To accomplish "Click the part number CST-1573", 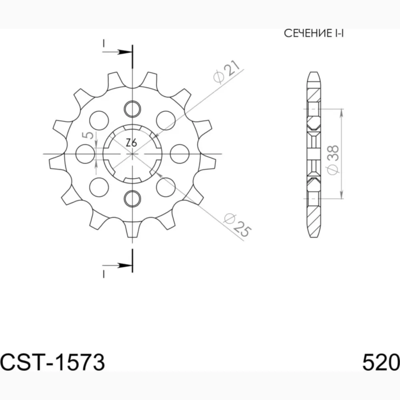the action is (52, 362).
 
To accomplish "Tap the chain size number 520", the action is (381, 362).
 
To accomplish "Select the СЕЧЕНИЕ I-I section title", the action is (314, 34).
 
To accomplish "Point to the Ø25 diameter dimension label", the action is (237, 225).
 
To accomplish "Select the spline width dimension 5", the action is (88, 135).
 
